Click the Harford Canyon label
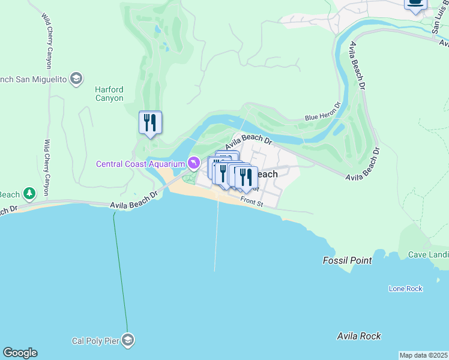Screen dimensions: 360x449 [109, 94]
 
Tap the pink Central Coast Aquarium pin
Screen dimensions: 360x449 [193, 163]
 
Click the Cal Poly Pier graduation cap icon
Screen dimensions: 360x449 [127, 341]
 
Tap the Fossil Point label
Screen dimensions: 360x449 [347, 260]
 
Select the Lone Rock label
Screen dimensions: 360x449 [406, 289]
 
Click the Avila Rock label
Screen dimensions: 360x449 [359, 336]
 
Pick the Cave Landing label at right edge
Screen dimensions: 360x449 [428, 254]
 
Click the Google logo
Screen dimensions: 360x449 [20, 353]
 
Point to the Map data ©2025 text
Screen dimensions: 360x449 [423, 355]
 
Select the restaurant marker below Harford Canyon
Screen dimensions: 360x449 [149, 123]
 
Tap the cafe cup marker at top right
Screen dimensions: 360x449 [415, 4]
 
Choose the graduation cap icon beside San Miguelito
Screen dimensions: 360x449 [76, 79]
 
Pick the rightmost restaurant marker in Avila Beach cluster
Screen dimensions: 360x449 [246, 178]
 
